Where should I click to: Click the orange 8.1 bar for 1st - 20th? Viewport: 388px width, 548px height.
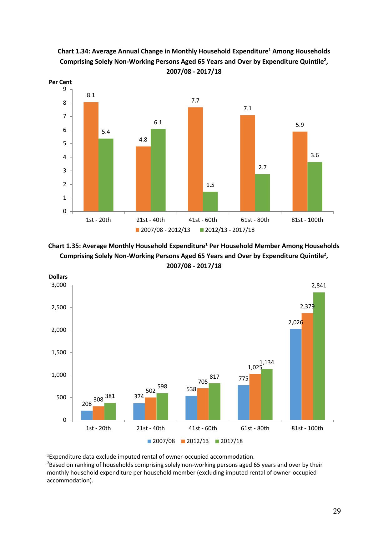click(x=91, y=157)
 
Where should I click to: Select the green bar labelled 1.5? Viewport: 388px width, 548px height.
click(x=210, y=202)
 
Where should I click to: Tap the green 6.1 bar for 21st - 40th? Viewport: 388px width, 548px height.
click(x=158, y=170)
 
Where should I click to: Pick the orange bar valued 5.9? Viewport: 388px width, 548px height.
click(x=300, y=171)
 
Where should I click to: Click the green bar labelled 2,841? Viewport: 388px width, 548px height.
click(x=319, y=356)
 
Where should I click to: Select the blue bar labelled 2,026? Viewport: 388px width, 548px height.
click(x=296, y=374)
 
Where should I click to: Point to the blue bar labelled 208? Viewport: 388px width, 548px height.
click(x=87, y=415)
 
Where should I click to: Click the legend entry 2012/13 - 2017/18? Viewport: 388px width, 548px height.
click(x=227, y=230)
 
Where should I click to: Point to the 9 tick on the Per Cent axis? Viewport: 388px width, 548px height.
click(x=65, y=89)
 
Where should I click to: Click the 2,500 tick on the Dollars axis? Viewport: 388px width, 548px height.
click(x=59, y=307)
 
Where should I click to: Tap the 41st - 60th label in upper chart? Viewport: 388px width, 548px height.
click(x=203, y=220)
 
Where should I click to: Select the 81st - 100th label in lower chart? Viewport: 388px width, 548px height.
click(x=307, y=428)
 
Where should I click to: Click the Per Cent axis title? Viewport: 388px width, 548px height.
click(x=60, y=82)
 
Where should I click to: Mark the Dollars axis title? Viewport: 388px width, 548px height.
click(x=58, y=277)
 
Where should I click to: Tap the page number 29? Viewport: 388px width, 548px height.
click(x=337, y=511)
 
